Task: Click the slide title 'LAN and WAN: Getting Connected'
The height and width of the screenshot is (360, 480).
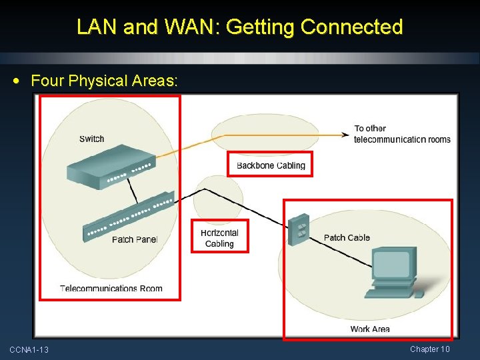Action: [240, 27]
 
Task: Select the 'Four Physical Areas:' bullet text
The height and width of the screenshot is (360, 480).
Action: [105, 81]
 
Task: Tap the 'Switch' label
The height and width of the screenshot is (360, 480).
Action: [91, 139]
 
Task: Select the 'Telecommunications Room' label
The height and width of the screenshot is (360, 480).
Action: [111, 289]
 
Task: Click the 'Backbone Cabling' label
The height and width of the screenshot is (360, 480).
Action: [271, 165]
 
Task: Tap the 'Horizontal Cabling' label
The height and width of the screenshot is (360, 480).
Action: [219, 238]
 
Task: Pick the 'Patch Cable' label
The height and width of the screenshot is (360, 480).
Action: [347, 237]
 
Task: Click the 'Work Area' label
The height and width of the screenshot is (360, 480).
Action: [370, 329]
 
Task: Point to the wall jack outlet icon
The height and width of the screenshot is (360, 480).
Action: [299, 229]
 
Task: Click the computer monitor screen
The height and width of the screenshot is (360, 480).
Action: [392, 265]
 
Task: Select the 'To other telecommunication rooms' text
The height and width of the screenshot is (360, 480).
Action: [402, 134]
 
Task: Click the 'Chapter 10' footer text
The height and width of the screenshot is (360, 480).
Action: [430, 349]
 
